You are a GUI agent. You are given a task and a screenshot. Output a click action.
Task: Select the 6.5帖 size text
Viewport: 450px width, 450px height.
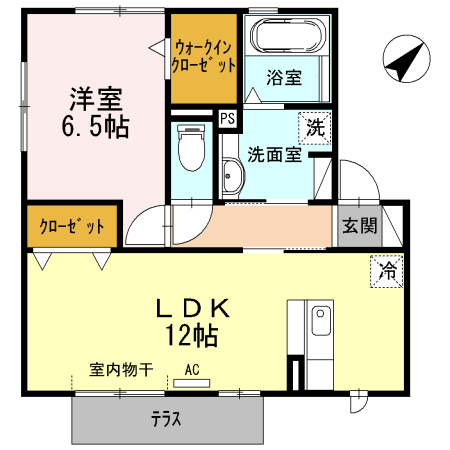96,128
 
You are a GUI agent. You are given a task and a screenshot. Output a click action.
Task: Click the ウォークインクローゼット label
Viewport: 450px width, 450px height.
204,56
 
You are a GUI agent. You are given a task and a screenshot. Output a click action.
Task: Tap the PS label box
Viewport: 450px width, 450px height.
228,119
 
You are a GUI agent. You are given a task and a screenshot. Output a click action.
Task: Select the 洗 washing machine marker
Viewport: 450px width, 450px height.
315,127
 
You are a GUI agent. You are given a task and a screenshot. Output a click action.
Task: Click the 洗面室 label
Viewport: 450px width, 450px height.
275,156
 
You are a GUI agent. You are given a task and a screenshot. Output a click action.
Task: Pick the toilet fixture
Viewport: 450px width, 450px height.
188,148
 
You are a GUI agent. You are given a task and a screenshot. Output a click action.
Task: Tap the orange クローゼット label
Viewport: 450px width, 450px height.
72,226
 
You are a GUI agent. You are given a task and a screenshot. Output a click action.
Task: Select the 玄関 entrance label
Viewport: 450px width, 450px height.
360,226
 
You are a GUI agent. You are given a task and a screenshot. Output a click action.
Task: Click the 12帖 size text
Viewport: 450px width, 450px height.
192,333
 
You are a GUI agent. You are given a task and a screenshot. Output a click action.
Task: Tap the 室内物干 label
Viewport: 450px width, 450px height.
120,369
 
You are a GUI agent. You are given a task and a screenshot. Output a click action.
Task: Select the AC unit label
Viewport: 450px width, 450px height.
192,369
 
